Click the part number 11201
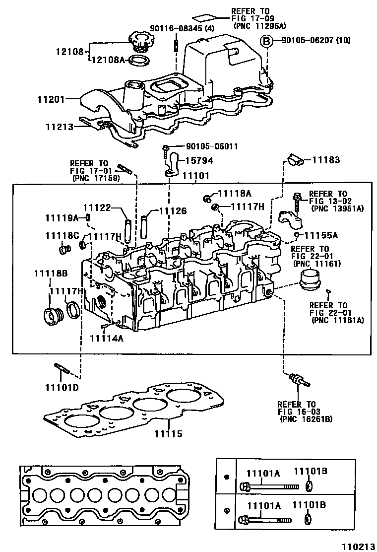click(51, 100)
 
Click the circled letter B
click(266, 41)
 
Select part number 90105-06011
click(212, 147)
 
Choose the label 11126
click(173, 211)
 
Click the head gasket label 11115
click(169, 433)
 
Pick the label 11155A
click(320, 235)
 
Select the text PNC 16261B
click(306, 419)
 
